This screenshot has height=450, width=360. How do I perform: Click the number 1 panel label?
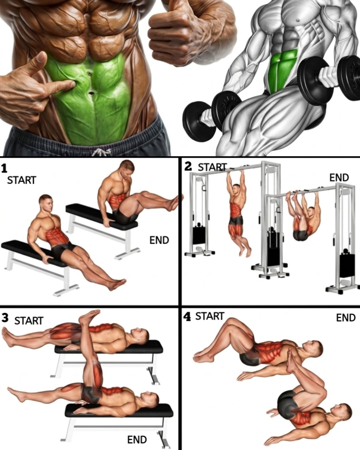[x=4, y=169]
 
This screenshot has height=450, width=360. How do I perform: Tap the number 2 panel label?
[x=188, y=166]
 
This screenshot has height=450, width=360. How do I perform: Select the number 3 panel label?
[x=5, y=318]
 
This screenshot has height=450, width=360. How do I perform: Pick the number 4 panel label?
[x=187, y=317]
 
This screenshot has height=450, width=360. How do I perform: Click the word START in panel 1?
[x=22, y=180]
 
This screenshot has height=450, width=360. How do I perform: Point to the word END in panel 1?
[x=159, y=240]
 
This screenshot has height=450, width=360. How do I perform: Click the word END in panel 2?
[x=339, y=178]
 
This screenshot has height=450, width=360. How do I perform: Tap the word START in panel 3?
[x=29, y=321]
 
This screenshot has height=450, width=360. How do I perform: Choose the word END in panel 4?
[x=346, y=318]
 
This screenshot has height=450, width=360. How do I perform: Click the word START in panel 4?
[x=210, y=316]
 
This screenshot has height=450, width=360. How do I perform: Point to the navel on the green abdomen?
[x=89, y=74]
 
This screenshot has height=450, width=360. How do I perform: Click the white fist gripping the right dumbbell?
[x=329, y=74]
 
